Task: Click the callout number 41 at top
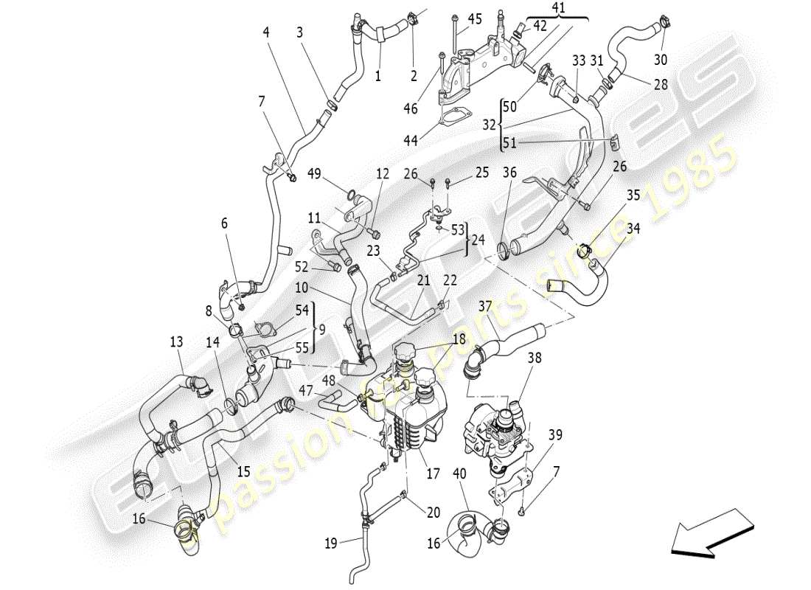[x=557, y=10]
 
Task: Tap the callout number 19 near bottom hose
[x=331, y=544]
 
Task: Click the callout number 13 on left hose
[x=175, y=342]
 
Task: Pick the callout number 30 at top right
[x=661, y=59]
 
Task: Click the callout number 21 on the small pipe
[x=422, y=280]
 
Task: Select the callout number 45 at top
[x=475, y=18]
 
